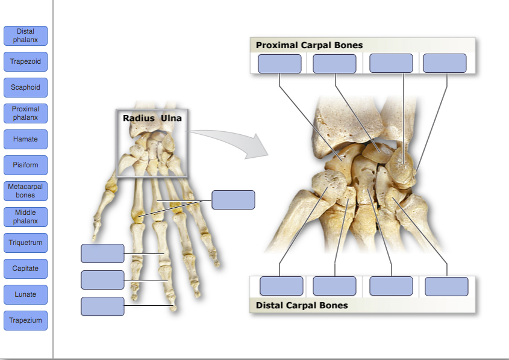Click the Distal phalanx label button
(x=25, y=36)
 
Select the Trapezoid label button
(x=25, y=61)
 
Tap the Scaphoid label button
(x=25, y=87)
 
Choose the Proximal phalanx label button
(x=25, y=113)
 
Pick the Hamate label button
(x=25, y=139)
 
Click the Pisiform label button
(x=25, y=165)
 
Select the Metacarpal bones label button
(x=25, y=191)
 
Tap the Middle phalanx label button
(x=25, y=217)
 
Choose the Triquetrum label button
(x=25, y=243)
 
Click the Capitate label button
(x=25, y=268)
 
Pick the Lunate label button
(x=25, y=294)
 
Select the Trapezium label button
(x=25, y=320)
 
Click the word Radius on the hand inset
(x=139, y=118)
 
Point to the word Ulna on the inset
(x=171, y=118)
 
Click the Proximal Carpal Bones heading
(x=309, y=45)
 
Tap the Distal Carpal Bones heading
(x=302, y=305)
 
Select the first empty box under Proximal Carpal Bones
(x=279, y=64)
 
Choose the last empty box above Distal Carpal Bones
(x=446, y=287)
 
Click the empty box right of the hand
(x=233, y=200)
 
